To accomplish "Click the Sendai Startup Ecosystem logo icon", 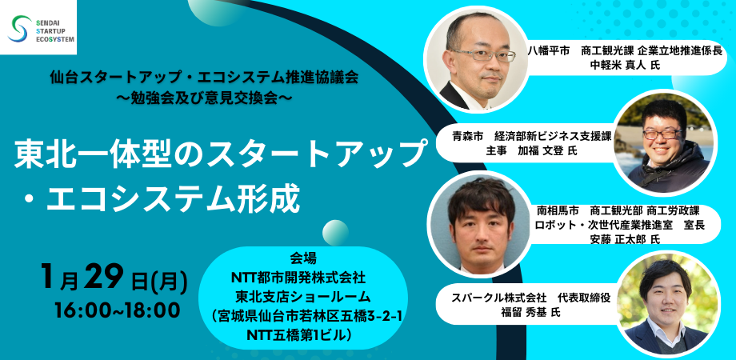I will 18,29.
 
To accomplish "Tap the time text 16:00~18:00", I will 117,310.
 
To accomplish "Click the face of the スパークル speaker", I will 669,300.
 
